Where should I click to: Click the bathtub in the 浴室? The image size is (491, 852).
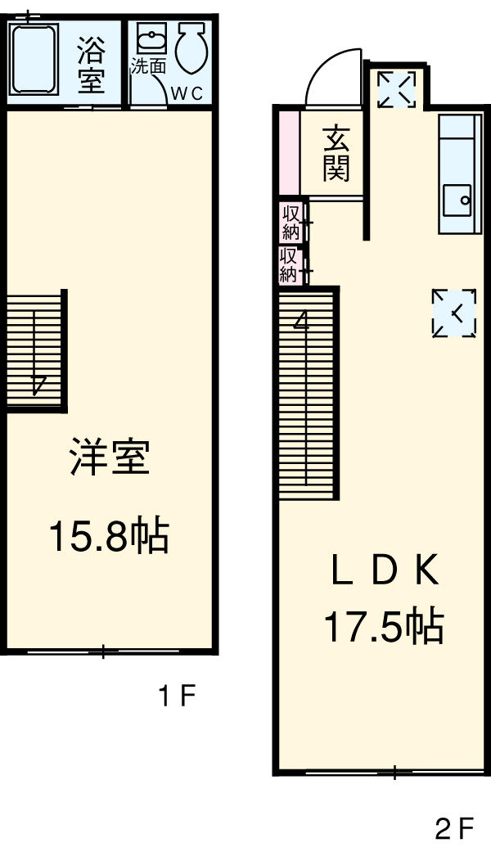click(x=34, y=59)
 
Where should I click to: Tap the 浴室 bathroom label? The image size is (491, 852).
click(x=91, y=65)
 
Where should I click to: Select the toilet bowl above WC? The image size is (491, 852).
click(x=191, y=48)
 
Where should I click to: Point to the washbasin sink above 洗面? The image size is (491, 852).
click(x=151, y=38)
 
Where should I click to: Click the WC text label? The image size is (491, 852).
click(x=186, y=92)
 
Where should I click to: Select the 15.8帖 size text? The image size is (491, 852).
click(x=109, y=537)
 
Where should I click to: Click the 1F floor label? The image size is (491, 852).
click(x=176, y=696)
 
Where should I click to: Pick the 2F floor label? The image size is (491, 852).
click(x=455, y=831)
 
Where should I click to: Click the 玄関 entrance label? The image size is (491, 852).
click(x=336, y=152)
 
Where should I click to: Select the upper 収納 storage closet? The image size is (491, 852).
click(x=291, y=221)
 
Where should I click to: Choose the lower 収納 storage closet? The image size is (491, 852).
click(x=290, y=265)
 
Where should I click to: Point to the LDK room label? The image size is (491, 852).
click(x=385, y=571)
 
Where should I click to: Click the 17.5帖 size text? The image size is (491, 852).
click(x=384, y=627)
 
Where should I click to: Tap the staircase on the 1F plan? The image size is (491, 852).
click(x=35, y=349)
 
